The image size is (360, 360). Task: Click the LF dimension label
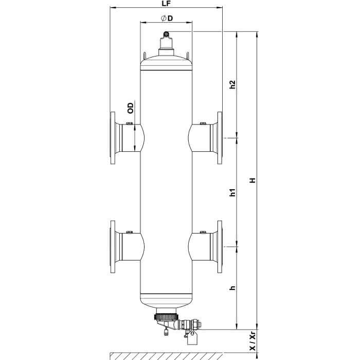click(166, 4)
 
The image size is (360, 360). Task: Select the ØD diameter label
click(167, 19)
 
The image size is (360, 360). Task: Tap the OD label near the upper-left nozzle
click(130, 108)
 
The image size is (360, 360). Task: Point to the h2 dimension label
click(233, 84)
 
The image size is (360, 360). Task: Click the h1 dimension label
click(233, 192)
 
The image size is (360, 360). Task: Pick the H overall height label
click(253, 180)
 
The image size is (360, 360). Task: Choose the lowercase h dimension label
click(233, 288)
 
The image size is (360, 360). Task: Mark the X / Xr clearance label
click(253, 341)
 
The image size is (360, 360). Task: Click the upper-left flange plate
click(113, 138)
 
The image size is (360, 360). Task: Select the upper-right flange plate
click(220, 138)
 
